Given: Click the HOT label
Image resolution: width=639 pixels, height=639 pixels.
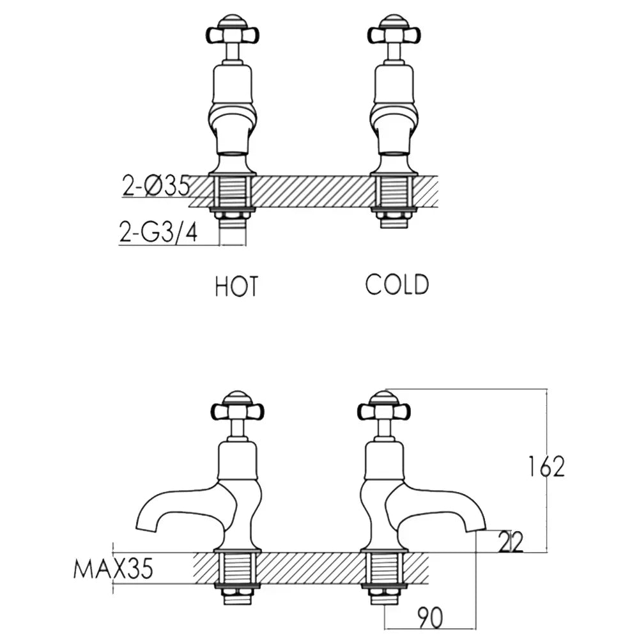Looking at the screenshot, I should pos(236,287).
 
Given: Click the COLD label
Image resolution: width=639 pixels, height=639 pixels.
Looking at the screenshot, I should pos(397,284).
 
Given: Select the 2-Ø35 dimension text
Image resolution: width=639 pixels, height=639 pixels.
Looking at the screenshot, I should pos(156,186).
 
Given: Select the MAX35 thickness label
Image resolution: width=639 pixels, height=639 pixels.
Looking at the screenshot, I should pos(113,568).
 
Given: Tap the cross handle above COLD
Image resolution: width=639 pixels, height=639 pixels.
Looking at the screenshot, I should pos(395,31).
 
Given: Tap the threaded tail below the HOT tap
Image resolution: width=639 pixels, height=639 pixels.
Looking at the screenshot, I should pos(233,220).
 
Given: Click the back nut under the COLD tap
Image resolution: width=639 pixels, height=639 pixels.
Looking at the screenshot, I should pos(395,209).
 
